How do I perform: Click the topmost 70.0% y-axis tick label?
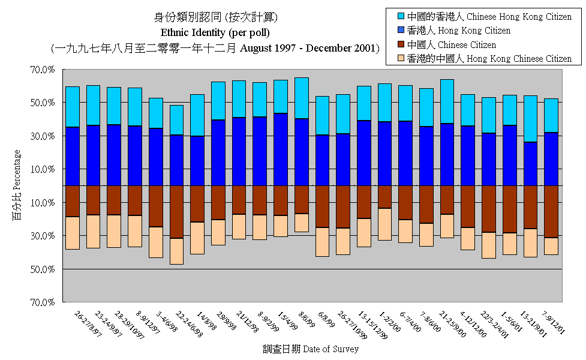43,70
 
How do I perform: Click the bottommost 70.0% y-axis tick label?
43,302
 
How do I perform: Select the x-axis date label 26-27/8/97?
88,325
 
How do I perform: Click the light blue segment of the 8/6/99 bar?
301,98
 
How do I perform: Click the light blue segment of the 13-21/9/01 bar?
530,119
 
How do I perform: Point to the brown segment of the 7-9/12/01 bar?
551,211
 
